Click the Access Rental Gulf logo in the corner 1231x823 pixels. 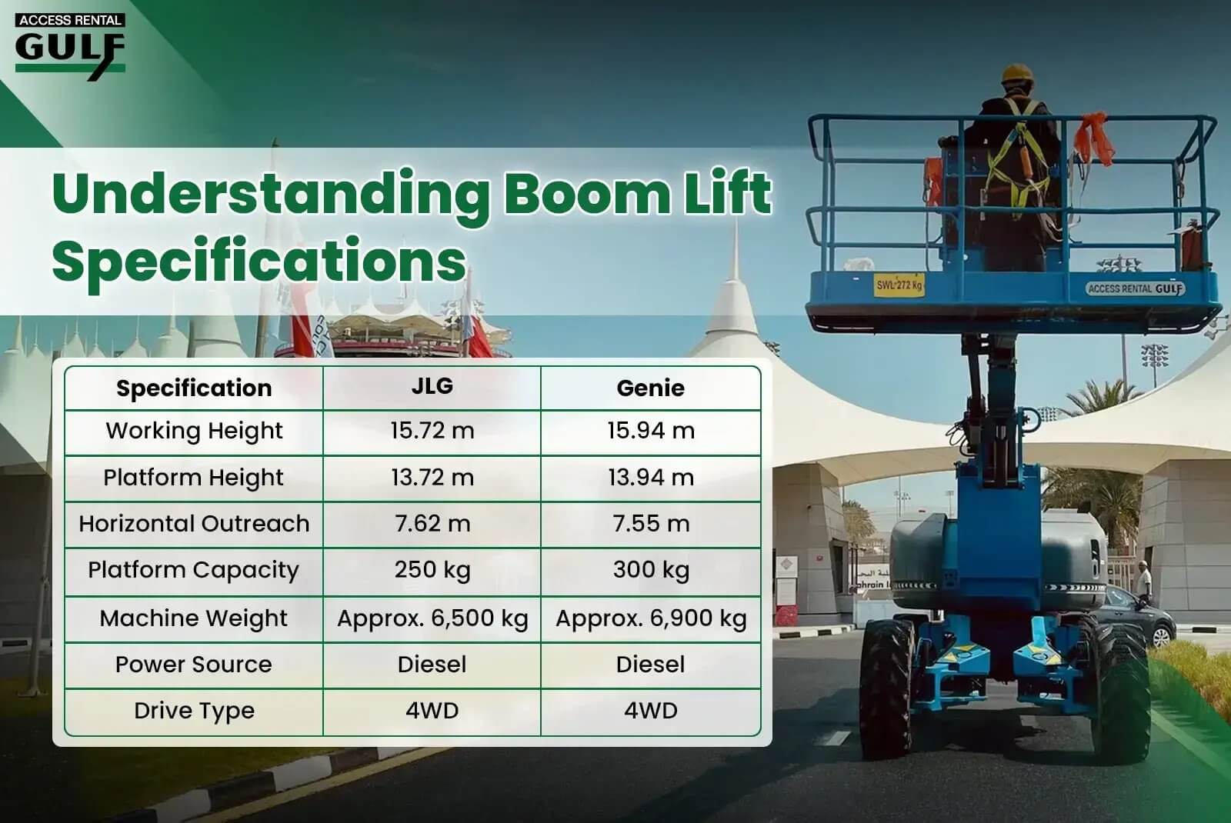click(x=70, y=47)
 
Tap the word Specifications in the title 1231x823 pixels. click(x=259, y=262)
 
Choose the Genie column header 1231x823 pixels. click(x=651, y=388)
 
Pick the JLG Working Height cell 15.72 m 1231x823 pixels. click(x=432, y=430)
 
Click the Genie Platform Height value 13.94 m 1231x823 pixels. click(x=651, y=477)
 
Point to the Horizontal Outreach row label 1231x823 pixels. click(x=194, y=523)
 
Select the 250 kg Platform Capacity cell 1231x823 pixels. click(x=432, y=570)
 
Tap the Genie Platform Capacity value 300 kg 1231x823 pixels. click(x=651, y=570)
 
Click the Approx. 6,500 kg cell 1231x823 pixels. click(x=432, y=618)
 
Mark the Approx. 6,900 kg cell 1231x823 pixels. click(x=651, y=618)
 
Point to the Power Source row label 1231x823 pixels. click(x=193, y=665)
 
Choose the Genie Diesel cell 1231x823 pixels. click(x=651, y=665)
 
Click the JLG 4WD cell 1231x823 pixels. click(x=432, y=711)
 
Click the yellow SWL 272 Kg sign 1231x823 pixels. click(x=899, y=285)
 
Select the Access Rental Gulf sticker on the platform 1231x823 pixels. click(x=1135, y=288)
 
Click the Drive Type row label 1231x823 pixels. click(x=195, y=711)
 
